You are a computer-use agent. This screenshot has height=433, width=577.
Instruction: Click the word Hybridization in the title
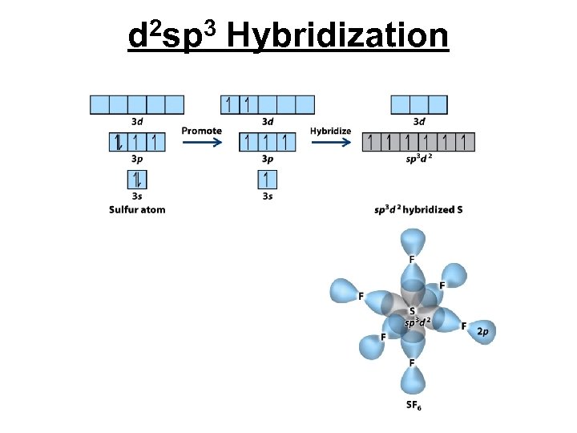coord(337,35)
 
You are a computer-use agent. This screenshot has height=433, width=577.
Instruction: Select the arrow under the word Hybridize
coord(330,143)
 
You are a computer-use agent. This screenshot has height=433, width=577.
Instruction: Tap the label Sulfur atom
coord(137,210)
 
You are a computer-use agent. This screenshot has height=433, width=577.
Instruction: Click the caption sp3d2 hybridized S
coord(418,210)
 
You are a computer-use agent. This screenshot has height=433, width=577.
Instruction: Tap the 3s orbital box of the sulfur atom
coord(137,179)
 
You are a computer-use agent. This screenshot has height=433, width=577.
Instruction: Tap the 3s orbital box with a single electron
coord(267,179)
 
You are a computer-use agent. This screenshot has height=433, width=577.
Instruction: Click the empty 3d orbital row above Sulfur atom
coord(137,104)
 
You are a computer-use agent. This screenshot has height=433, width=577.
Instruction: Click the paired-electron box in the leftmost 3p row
coord(118,143)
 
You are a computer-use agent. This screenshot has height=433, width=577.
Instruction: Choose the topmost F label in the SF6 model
coord(412,260)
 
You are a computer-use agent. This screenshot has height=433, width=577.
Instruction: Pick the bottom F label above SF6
coord(412,363)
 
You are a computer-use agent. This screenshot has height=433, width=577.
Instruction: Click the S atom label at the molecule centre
coord(412,311)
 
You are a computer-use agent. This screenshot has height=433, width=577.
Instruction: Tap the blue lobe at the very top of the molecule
coord(413,241)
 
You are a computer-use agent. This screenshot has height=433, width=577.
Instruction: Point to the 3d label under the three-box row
coord(418,122)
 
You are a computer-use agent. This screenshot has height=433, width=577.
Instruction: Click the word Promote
coord(201,131)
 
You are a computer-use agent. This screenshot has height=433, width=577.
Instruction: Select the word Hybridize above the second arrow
coord(330,131)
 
